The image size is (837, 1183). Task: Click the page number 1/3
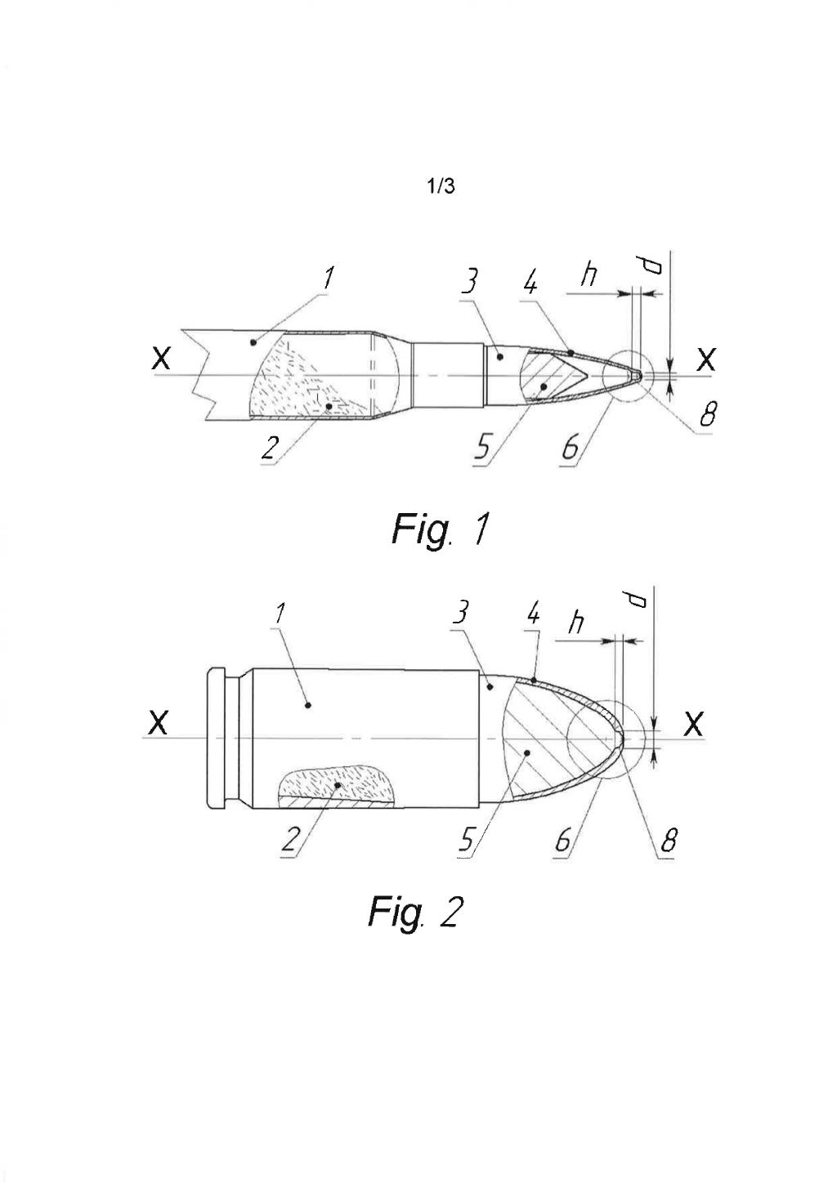(x=440, y=187)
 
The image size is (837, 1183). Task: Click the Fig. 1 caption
(x=439, y=531)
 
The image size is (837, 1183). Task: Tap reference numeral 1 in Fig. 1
(x=326, y=279)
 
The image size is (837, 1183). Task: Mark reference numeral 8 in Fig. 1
(x=708, y=417)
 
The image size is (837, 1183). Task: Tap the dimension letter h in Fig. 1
(x=588, y=276)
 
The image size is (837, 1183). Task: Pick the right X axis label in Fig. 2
(x=692, y=724)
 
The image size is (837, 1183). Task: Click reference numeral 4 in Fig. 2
(x=533, y=615)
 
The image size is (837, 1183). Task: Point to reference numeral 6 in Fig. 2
(x=562, y=841)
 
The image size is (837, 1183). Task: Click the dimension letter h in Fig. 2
(x=575, y=624)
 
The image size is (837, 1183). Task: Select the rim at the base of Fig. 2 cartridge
(x=216, y=737)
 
